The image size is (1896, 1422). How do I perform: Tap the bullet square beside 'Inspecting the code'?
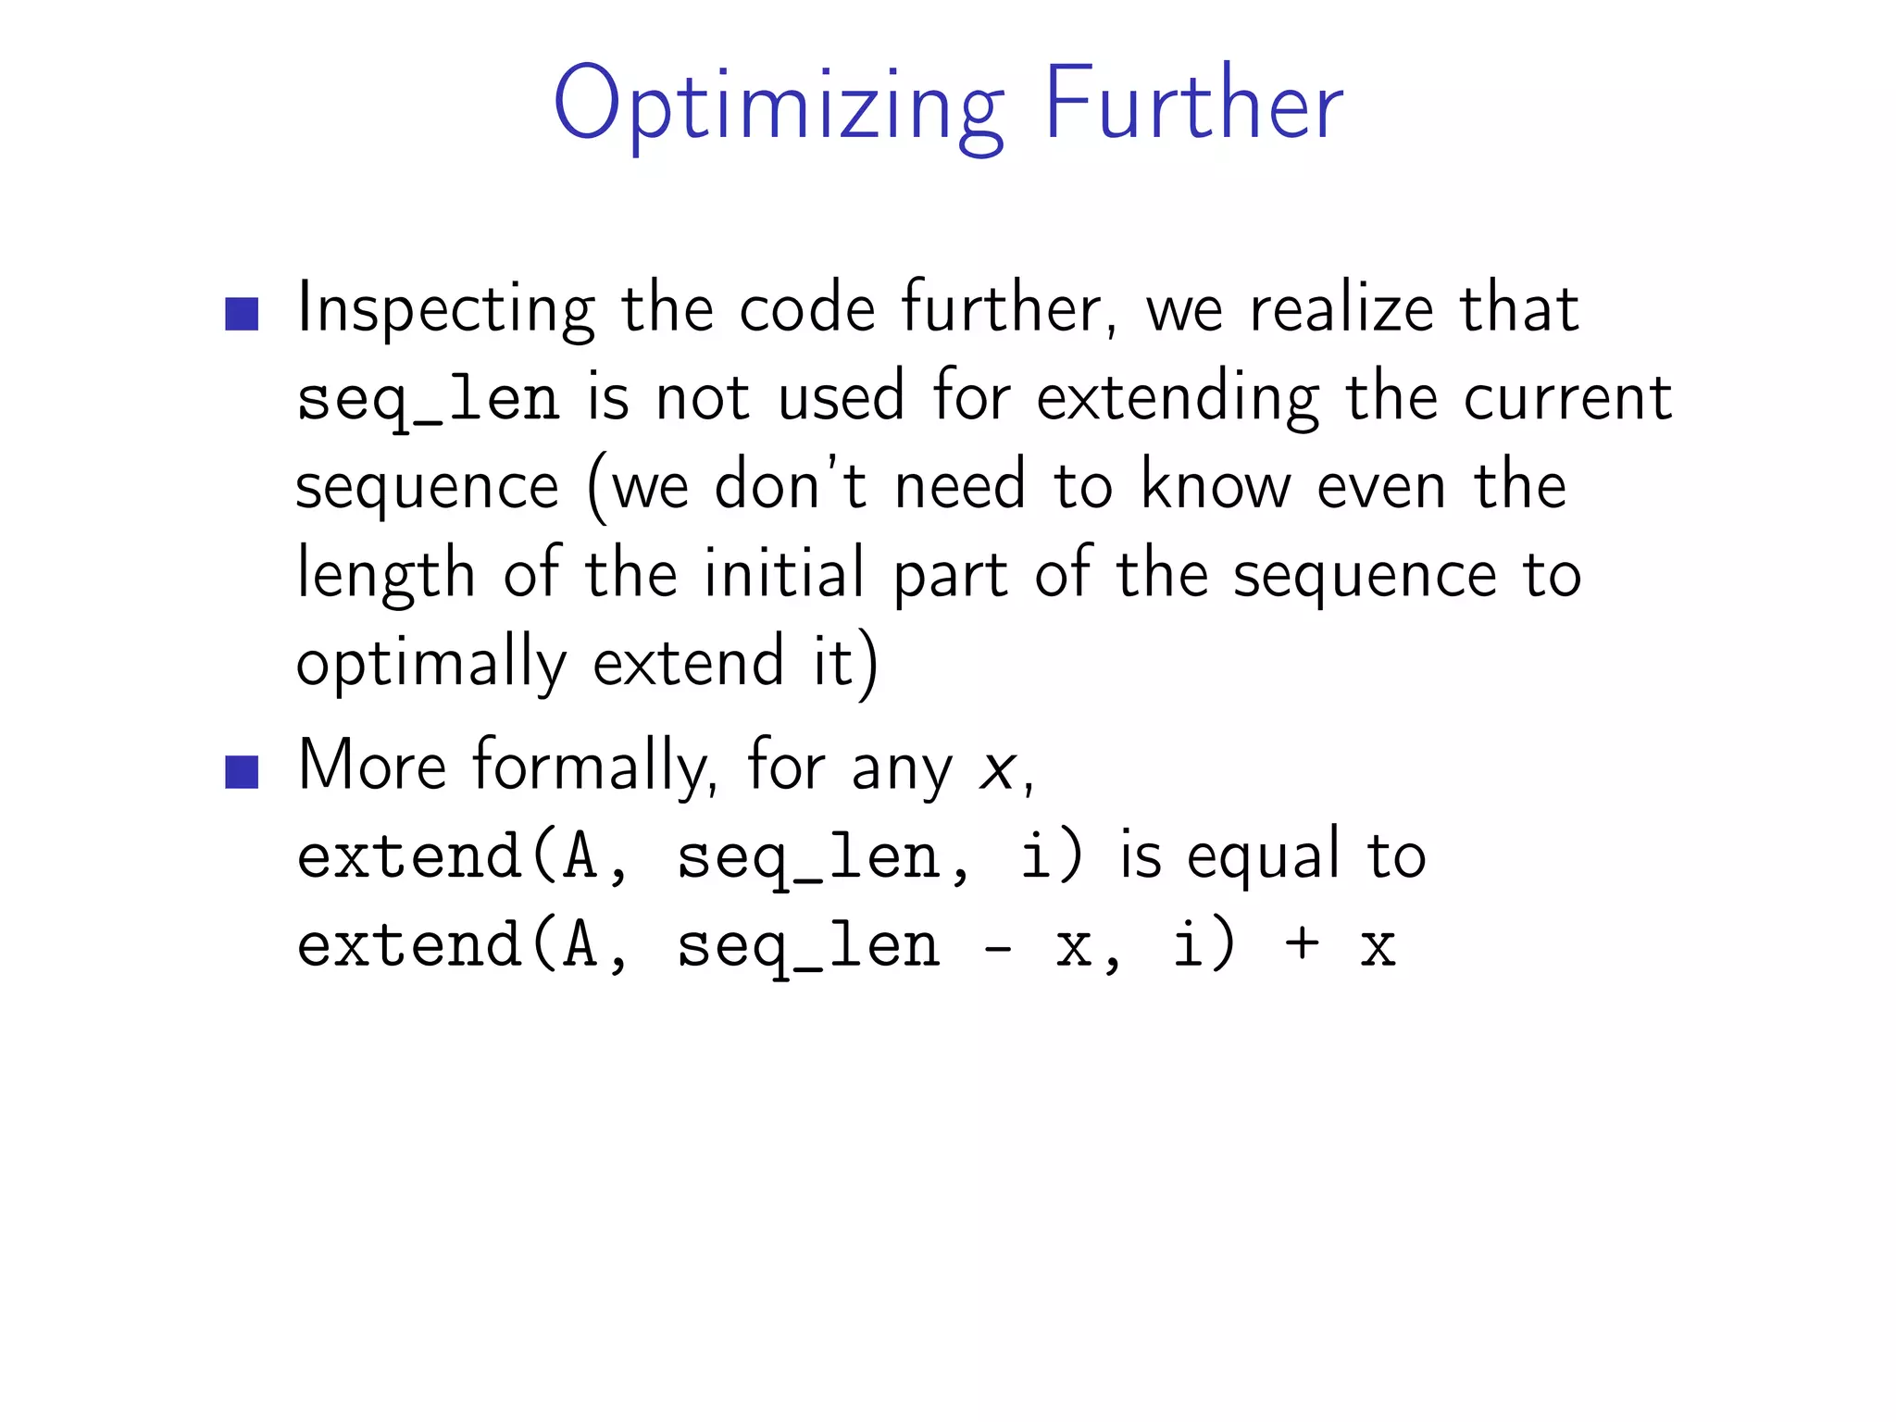pyautogui.click(x=242, y=314)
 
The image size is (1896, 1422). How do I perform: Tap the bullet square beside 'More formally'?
pyautogui.click(x=242, y=771)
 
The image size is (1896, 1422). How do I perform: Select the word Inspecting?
pyautogui.click(x=445, y=310)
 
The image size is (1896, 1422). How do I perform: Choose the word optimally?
pyautogui.click(x=430, y=663)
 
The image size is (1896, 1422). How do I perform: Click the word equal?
pyautogui.click(x=1263, y=855)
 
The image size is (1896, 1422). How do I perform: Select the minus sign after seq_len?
pyautogui.click(x=998, y=947)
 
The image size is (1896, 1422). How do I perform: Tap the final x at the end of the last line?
pyautogui.click(x=1378, y=947)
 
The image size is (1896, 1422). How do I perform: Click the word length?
pyautogui.click(x=385, y=574)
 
